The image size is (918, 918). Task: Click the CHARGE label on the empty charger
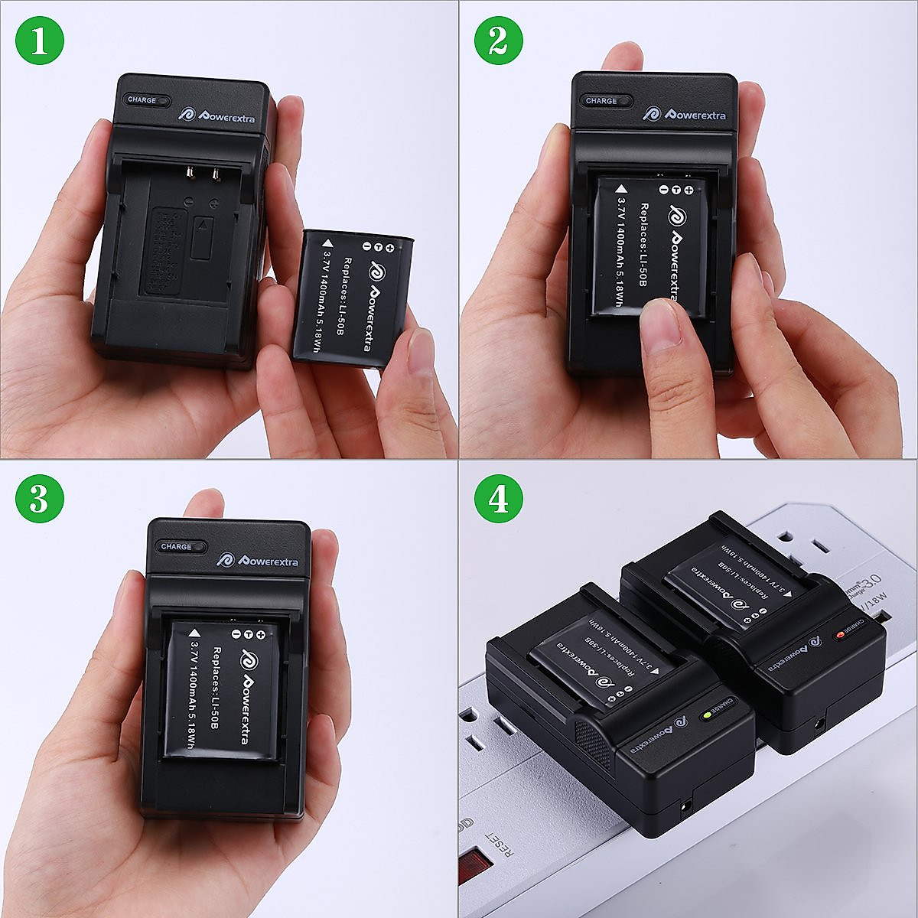[x=142, y=100]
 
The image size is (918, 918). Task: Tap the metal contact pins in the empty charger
[x=200, y=175]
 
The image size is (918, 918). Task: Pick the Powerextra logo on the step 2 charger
[x=684, y=114]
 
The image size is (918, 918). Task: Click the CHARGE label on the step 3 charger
[x=177, y=546]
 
